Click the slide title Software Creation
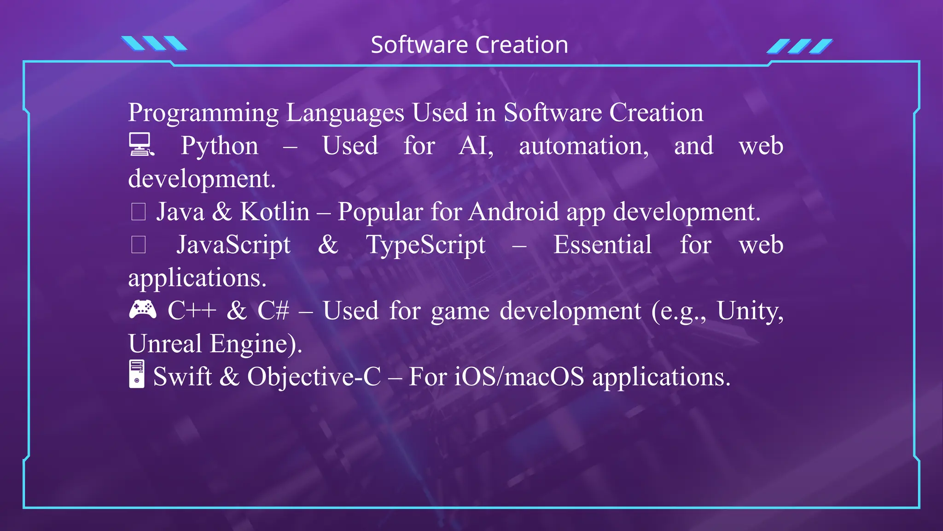[x=469, y=45]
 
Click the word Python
[x=219, y=147]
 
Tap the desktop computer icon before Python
[x=140, y=145]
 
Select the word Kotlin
[x=275, y=212]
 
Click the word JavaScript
[x=233, y=245]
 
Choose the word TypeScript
[x=425, y=245]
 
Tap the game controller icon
[x=142, y=309]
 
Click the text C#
[x=273, y=311]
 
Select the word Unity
[x=750, y=312]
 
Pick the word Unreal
[x=165, y=344]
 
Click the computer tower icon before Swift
[x=137, y=374]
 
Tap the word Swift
[x=182, y=377]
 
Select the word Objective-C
[x=314, y=377]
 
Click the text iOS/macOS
[x=519, y=377]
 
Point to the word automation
[x=583, y=147]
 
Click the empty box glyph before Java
[x=139, y=212]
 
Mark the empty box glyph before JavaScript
[x=139, y=245]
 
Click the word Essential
[x=602, y=245]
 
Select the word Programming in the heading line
[x=203, y=113]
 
